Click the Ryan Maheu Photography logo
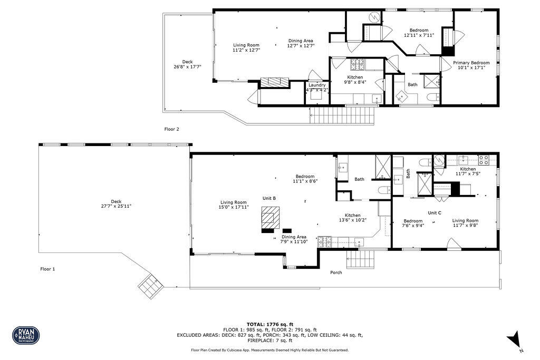click(x=26, y=335)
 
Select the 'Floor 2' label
click(x=172, y=129)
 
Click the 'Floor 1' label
click(x=47, y=269)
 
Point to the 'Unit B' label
click(x=269, y=198)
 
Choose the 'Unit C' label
click(x=435, y=212)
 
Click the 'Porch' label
click(x=336, y=273)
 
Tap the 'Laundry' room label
click(x=317, y=85)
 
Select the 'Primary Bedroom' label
click(x=471, y=63)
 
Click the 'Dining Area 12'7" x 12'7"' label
click(x=301, y=43)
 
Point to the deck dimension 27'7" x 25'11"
click(x=116, y=206)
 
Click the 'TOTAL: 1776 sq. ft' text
click(x=270, y=324)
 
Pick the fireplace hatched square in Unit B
click(x=271, y=217)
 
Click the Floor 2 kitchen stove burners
click(x=358, y=64)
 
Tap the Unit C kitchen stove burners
click(x=483, y=159)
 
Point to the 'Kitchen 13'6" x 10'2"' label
click(x=353, y=218)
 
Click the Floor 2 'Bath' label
click(x=412, y=84)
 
